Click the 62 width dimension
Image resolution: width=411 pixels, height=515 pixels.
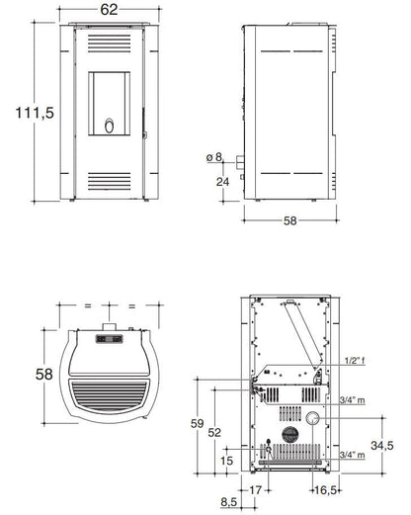109,10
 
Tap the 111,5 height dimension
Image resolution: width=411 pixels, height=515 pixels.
35,113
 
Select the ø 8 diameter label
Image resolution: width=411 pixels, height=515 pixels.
214,157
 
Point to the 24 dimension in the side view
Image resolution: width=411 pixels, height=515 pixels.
222,182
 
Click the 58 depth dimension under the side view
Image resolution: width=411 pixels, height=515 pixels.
290,220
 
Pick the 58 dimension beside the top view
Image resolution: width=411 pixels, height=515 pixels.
44,375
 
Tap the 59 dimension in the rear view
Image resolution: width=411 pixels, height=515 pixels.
198,423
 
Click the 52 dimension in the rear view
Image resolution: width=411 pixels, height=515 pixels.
214,432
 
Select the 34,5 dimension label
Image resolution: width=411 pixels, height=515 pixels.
382,446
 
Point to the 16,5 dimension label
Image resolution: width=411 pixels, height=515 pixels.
326,490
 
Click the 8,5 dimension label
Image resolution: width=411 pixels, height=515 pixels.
229,502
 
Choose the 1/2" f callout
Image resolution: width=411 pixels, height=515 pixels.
355,361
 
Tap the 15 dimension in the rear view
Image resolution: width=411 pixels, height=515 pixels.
227,461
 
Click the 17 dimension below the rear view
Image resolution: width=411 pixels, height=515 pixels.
255,490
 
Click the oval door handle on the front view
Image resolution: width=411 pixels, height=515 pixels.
110,126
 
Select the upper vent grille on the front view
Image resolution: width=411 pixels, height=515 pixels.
110,43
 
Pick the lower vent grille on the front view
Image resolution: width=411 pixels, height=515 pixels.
110,181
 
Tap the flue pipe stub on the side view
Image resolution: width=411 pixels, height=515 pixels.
240,161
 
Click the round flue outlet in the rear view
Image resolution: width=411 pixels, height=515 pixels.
312,418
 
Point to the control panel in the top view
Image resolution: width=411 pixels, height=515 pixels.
110,339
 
